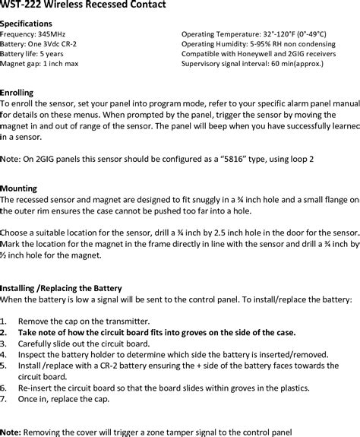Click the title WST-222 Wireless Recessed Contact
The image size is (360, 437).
pyautogui.click(x=81, y=6)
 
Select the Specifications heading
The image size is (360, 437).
pyautogui.click(x=27, y=24)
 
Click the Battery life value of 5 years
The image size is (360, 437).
pyautogui.click(x=51, y=55)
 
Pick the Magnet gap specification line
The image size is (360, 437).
pyautogui.click(x=39, y=65)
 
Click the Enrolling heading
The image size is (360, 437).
pyautogui.click(x=17, y=92)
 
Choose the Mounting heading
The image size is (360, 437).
pyautogui.click(x=19, y=187)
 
